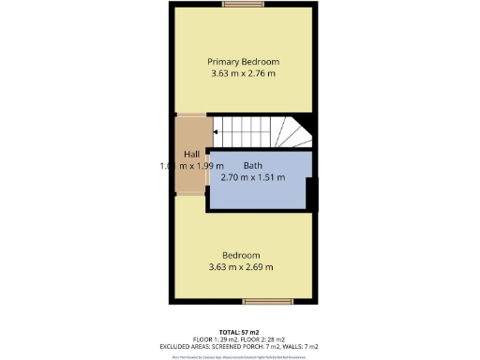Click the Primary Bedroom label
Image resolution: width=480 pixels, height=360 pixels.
click(243, 62)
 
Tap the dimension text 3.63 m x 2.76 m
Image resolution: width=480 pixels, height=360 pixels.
click(243, 73)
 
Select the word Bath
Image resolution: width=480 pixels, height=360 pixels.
click(253, 166)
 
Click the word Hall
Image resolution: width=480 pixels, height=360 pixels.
click(191, 155)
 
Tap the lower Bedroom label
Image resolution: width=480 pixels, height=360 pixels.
click(241, 256)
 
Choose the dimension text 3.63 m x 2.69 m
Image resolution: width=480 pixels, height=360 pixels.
click(241, 267)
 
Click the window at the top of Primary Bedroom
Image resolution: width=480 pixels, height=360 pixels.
click(242, 4)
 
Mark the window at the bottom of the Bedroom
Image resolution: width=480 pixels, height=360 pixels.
click(262, 302)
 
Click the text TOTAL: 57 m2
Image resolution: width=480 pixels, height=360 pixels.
click(240, 333)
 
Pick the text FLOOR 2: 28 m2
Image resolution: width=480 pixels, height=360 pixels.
click(268, 339)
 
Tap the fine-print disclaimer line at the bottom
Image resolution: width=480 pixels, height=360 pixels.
click(240, 356)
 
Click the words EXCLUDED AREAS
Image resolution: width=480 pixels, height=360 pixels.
click(187, 347)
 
